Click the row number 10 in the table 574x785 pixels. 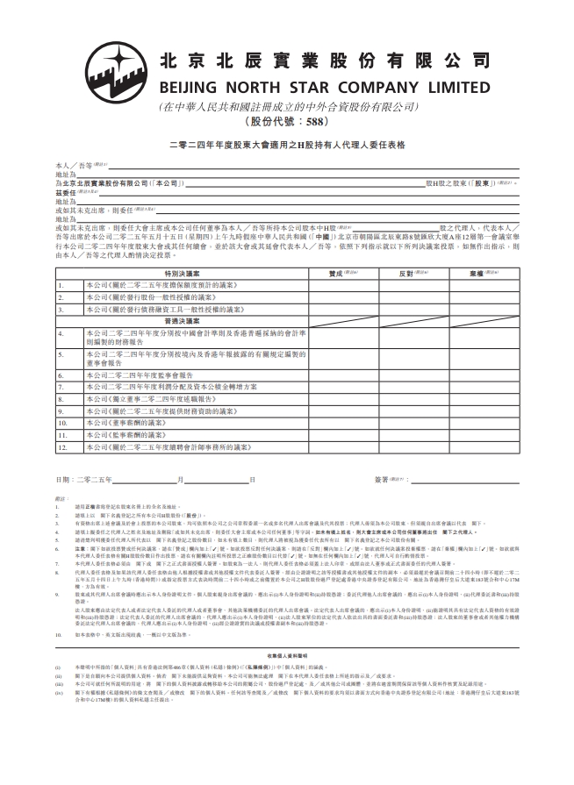click(63, 422)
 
